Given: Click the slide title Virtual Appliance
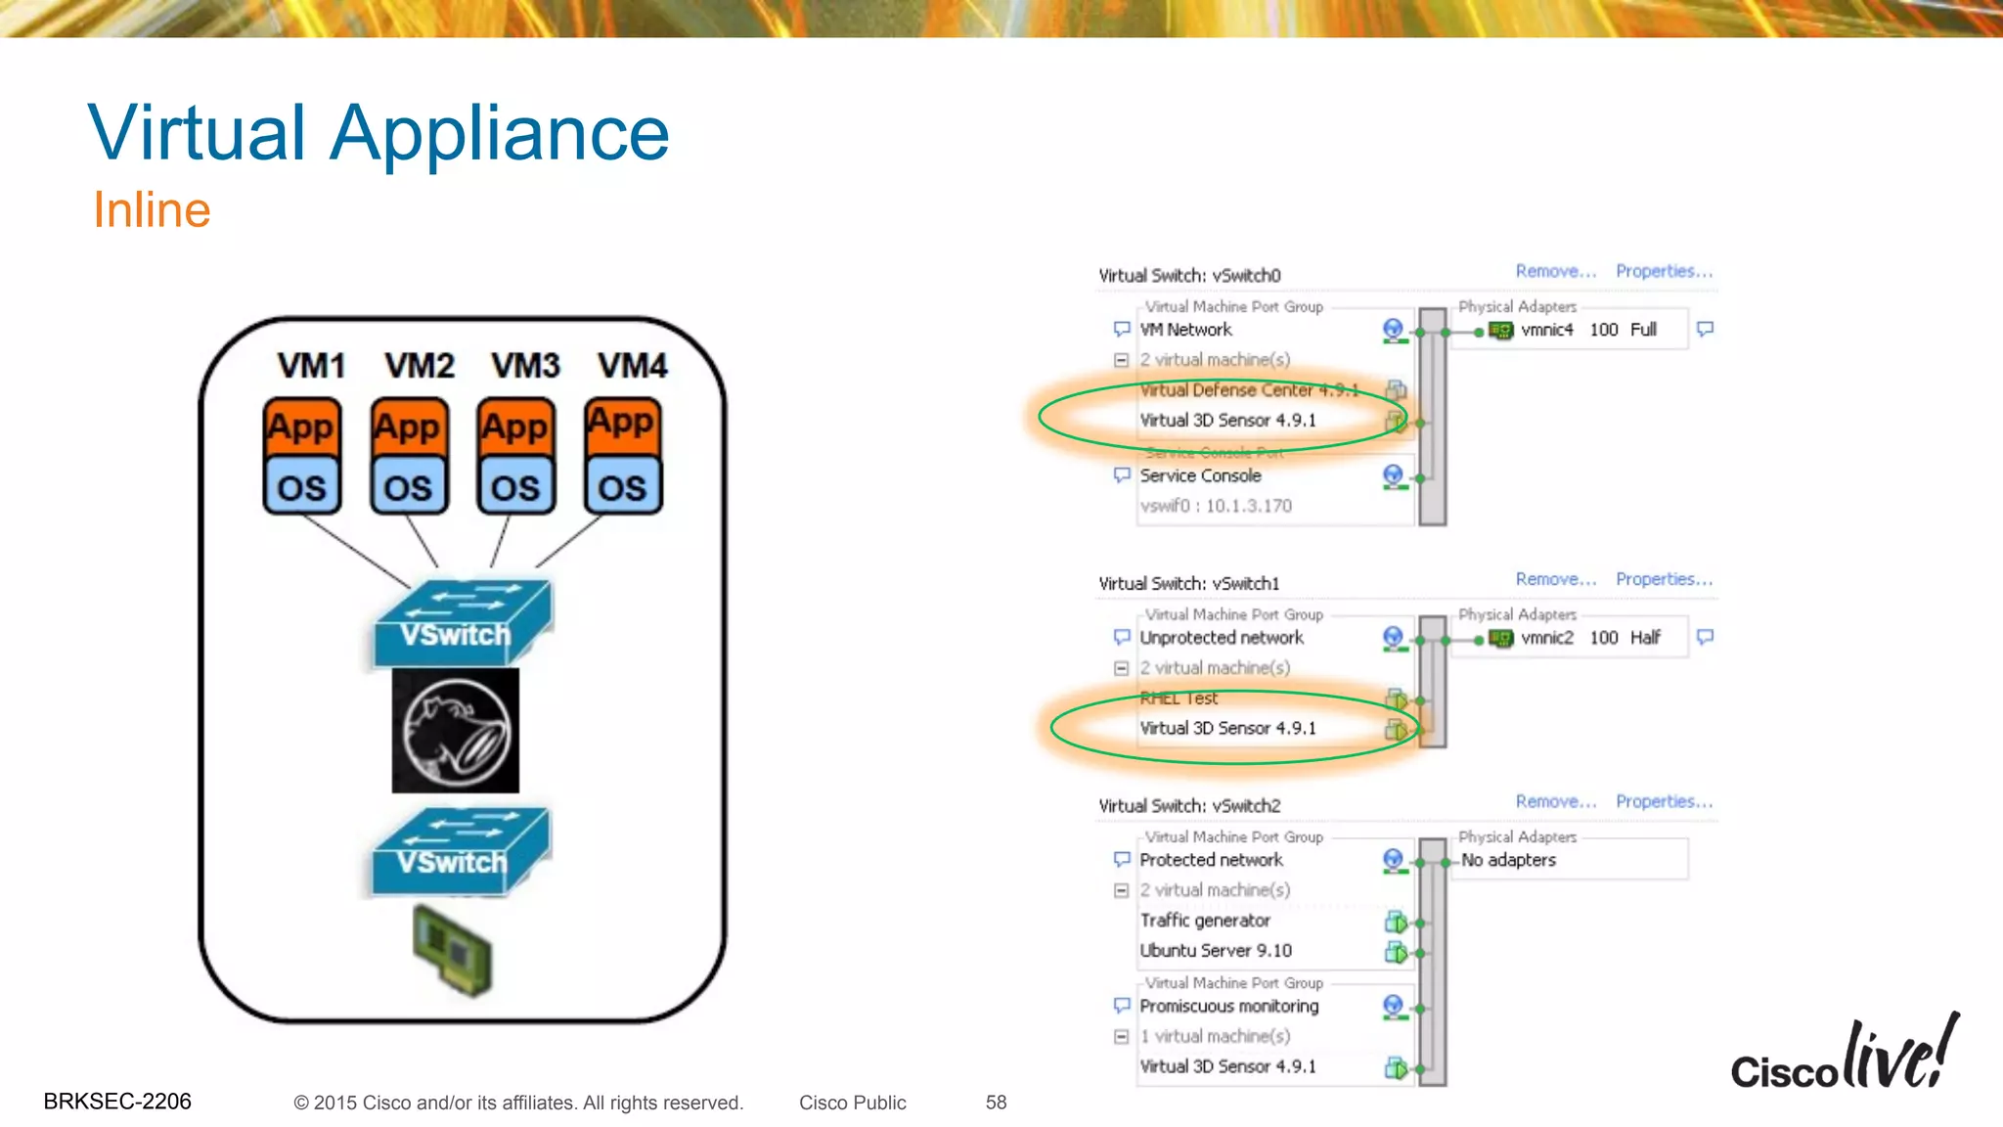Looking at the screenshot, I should [x=378, y=133].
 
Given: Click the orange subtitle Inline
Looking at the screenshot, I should [x=152, y=210].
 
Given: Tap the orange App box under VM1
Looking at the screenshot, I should [x=302, y=427].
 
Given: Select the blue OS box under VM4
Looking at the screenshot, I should [x=622, y=487].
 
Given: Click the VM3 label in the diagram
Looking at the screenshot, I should [x=525, y=366].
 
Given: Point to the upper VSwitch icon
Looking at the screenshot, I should [x=462, y=622].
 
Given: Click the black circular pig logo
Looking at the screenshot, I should [x=456, y=731].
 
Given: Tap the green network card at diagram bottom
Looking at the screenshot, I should [x=452, y=950].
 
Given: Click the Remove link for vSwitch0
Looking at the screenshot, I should [x=1555, y=271].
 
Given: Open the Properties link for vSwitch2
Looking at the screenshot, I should [x=1664, y=801].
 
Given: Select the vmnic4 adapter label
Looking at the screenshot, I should [x=1547, y=330].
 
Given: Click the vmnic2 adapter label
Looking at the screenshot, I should [x=1547, y=638].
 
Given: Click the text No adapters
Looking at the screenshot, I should [x=1508, y=860].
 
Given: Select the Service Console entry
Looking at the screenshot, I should [x=1200, y=475].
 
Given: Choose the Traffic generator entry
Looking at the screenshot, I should [x=1205, y=921].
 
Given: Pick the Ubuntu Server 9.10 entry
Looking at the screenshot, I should [x=1216, y=951].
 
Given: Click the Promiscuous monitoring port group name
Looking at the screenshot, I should [x=1228, y=1006].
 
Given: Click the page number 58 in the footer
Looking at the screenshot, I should [x=996, y=1103].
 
